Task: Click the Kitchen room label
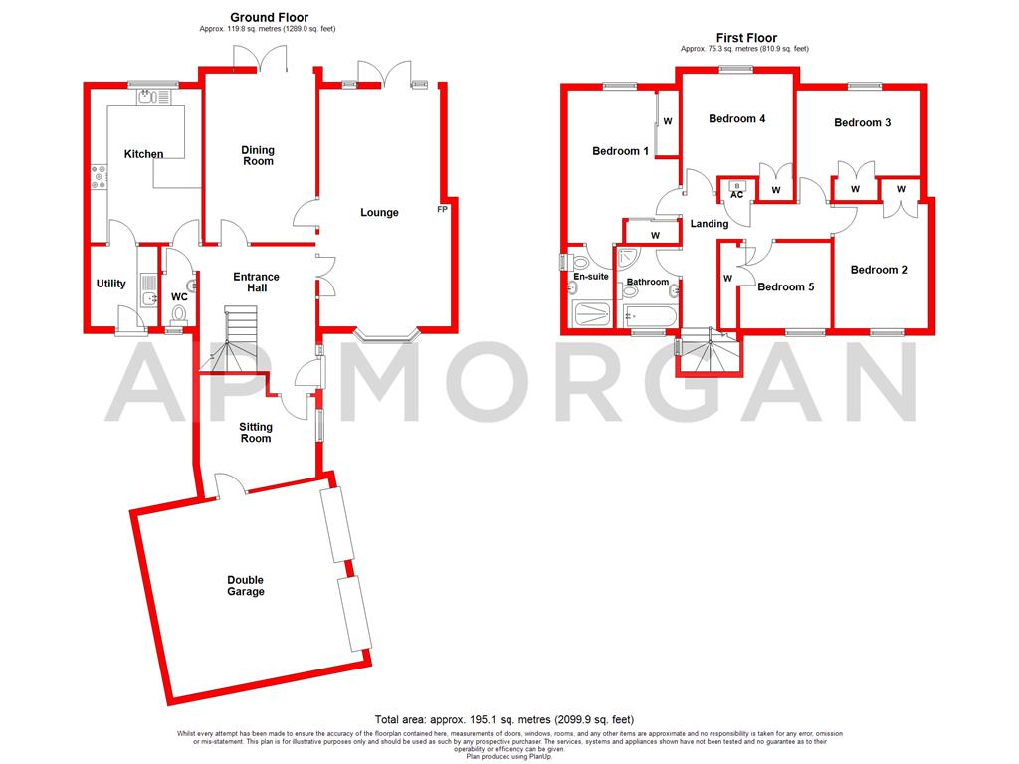(143, 154)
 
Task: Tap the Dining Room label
(258, 155)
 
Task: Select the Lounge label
(379, 212)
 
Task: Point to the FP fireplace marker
(442, 210)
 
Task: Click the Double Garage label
(245, 585)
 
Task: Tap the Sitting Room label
(256, 432)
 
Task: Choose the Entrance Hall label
(256, 282)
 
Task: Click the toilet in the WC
(179, 314)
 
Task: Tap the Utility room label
(111, 284)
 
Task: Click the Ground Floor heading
(269, 17)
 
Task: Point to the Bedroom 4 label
(736, 118)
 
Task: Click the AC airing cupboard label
(736, 194)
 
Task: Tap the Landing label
(709, 224)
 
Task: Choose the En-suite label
(591, 276)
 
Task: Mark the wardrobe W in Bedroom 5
(727, 278)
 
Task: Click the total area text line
(505, 719)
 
